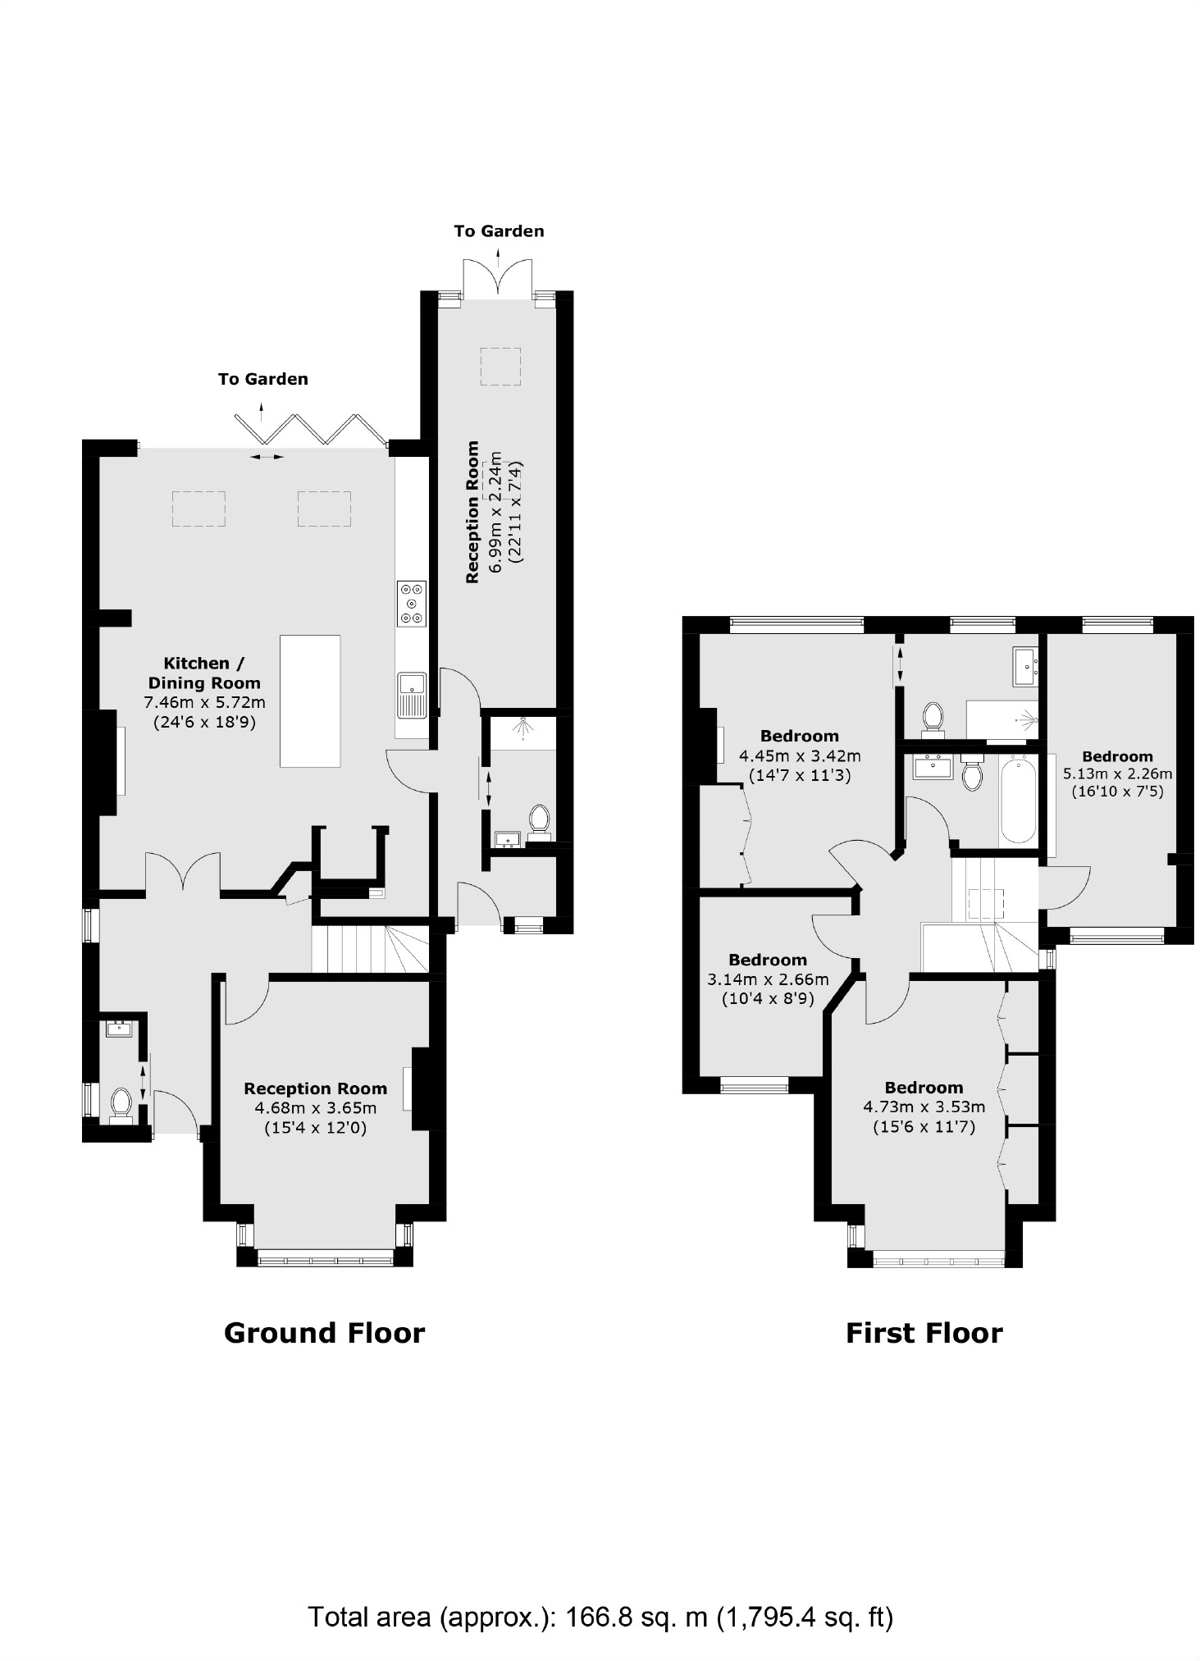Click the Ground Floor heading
[x=324, y=1333]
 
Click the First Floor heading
[x=924, y=1333]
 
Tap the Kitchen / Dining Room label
[x=203, y=673]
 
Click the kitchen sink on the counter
[x=412, y=694]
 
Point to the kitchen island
[x=310, y=700]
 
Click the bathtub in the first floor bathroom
[x=1018, y=800]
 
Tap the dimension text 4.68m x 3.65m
[x=315, y=1108]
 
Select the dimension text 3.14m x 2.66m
[x=768, y=979]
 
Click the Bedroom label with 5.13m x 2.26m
[x=1116, y=756]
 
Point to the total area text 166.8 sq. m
[x=600, y=1617]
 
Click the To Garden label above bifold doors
[x=262, y=379]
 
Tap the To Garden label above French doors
[x=499, y=231]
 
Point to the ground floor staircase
[x=369, y=948]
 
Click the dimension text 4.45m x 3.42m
[x=800, y=755]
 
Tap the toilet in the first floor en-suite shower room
[x=932, y=715]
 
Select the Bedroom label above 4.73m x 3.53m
[x=924, y=1088]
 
